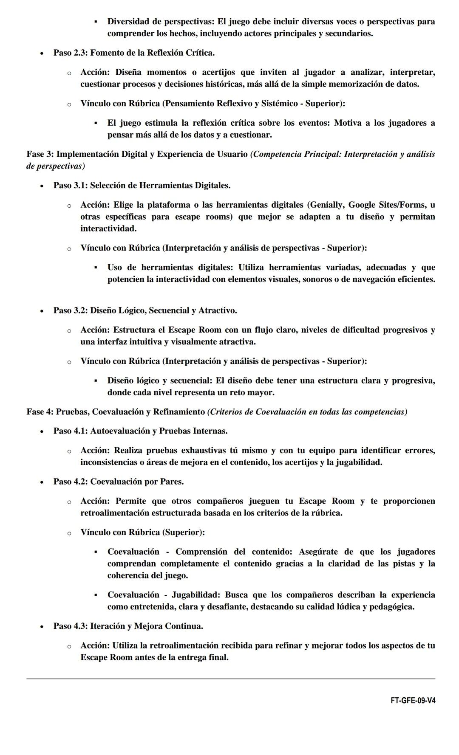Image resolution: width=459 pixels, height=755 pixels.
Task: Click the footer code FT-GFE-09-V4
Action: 413,701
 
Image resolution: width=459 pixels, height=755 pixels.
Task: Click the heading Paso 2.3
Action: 70,53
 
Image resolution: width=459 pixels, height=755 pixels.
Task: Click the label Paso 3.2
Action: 70,310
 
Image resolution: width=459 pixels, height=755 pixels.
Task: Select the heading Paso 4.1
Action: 70,431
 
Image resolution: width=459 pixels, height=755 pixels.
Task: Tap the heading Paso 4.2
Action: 70,482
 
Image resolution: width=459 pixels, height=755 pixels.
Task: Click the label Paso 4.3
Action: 70,626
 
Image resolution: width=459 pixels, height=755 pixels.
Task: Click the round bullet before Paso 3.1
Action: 42,186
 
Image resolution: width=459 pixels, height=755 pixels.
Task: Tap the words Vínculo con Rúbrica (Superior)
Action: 142,532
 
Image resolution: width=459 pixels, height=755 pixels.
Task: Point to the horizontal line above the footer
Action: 230,679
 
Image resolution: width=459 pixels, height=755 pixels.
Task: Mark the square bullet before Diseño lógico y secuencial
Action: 96,380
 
